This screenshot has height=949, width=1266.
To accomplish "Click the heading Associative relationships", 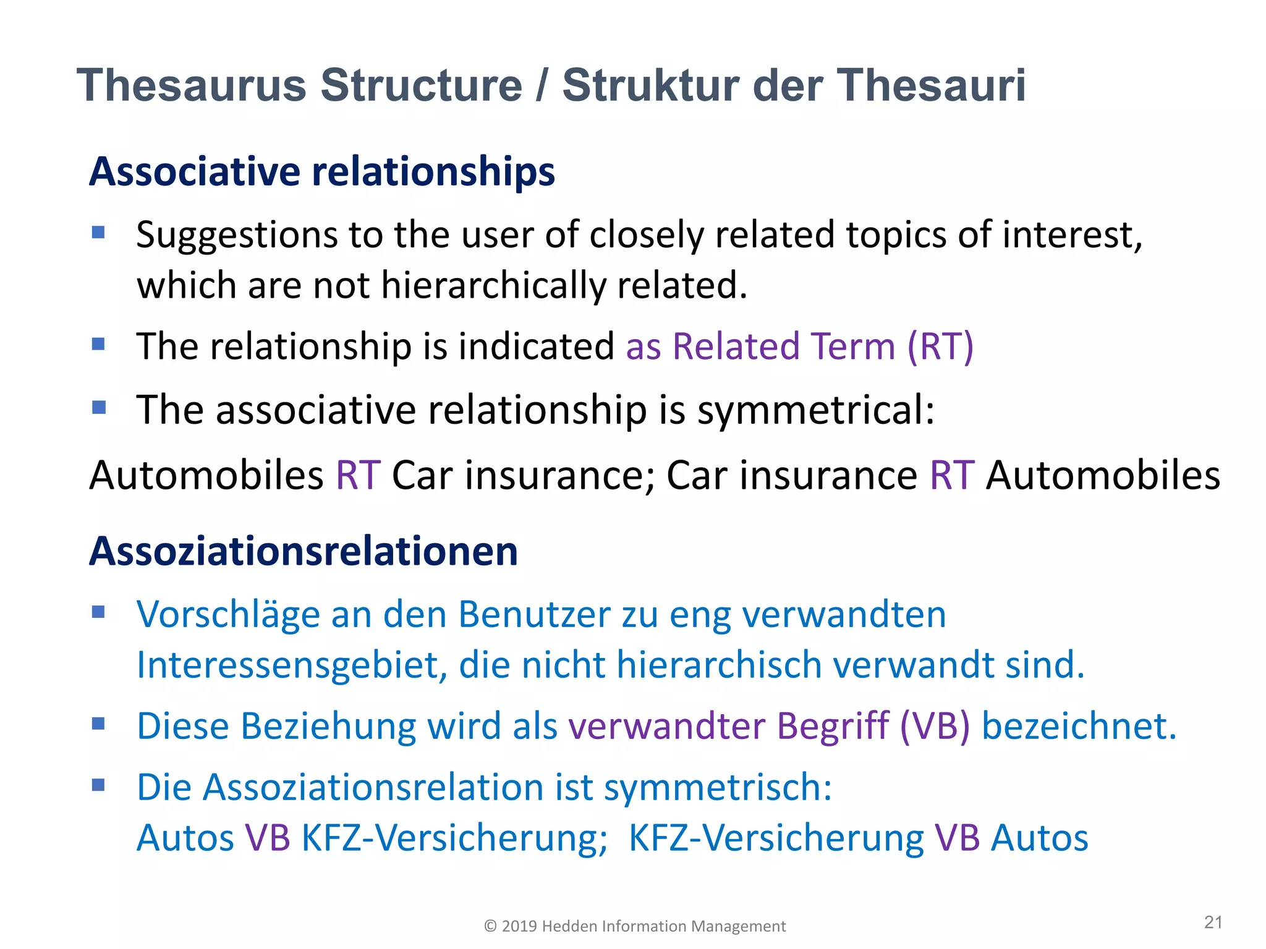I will pos(322,171).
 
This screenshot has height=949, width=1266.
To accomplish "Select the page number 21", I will pos(1213,922).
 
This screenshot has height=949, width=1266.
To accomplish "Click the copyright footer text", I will pos(635,926).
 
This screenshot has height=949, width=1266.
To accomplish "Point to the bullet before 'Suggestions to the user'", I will pos(98,232).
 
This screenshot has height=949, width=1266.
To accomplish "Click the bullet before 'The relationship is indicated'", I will pos(98,344).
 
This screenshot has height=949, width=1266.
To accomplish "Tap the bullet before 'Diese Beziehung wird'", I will pos(98,723).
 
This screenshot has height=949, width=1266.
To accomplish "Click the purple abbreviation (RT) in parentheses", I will pos(940,346).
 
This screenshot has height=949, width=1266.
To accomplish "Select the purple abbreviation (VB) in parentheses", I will pos(935,726).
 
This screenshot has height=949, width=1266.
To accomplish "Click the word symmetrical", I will pos(816,410).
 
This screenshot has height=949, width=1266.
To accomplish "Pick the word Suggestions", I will pos(237,235).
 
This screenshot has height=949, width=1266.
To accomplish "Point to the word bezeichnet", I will pos(1079,726).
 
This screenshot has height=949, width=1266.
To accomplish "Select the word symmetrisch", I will pos(718,788).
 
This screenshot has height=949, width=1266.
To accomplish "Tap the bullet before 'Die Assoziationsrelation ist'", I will pos(98,785).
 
